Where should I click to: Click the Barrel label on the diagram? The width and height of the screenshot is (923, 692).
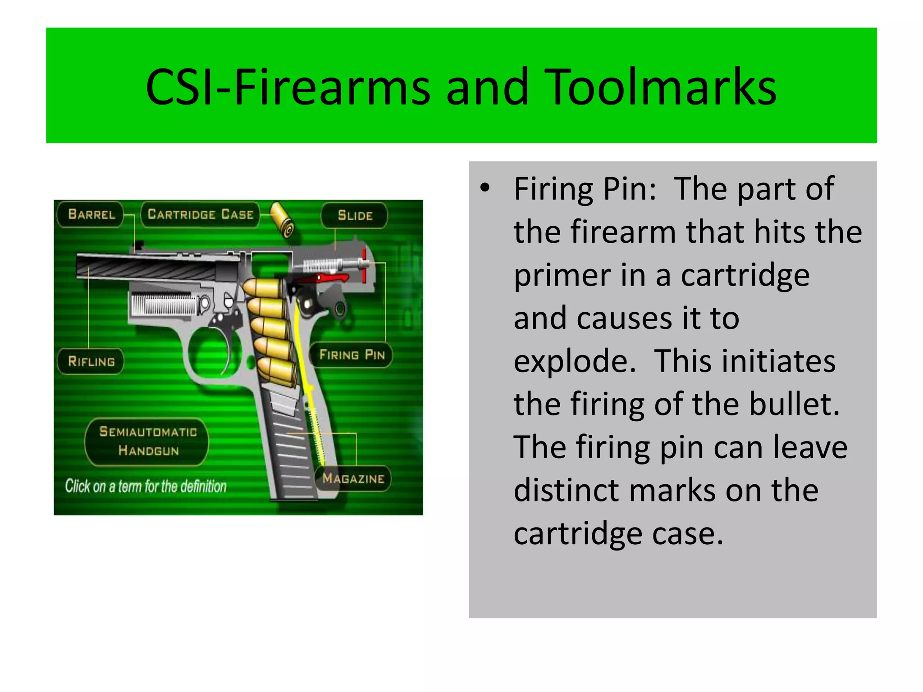pyautogui.click(x=91, y=214)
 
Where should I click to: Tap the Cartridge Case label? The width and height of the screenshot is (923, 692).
pyautogui.click(x=200, y=214)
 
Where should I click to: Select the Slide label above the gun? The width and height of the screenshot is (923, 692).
pyautogui.click(x=355, y=216)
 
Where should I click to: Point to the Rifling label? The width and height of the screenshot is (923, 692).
pyautogui.click(x=91, y=361)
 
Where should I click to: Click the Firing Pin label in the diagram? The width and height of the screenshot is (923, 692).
pyautogui.click(x=352, y=355)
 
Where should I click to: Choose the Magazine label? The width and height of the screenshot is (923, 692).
pyautogui.click(x=353, y=478)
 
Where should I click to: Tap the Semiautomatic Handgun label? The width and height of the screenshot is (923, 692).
pyautogui.click(x=148, y=442)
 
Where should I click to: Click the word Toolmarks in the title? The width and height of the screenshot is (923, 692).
pyautogui.click(x=663, y=87)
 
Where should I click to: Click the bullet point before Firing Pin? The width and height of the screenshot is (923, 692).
pyautogui.click(x=485, y=189)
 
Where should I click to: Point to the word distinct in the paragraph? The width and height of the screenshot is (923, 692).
pyautogui.click(x=567, y=491)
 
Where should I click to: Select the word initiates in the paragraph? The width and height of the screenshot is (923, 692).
pyautogui.click(x=745, y=361)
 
